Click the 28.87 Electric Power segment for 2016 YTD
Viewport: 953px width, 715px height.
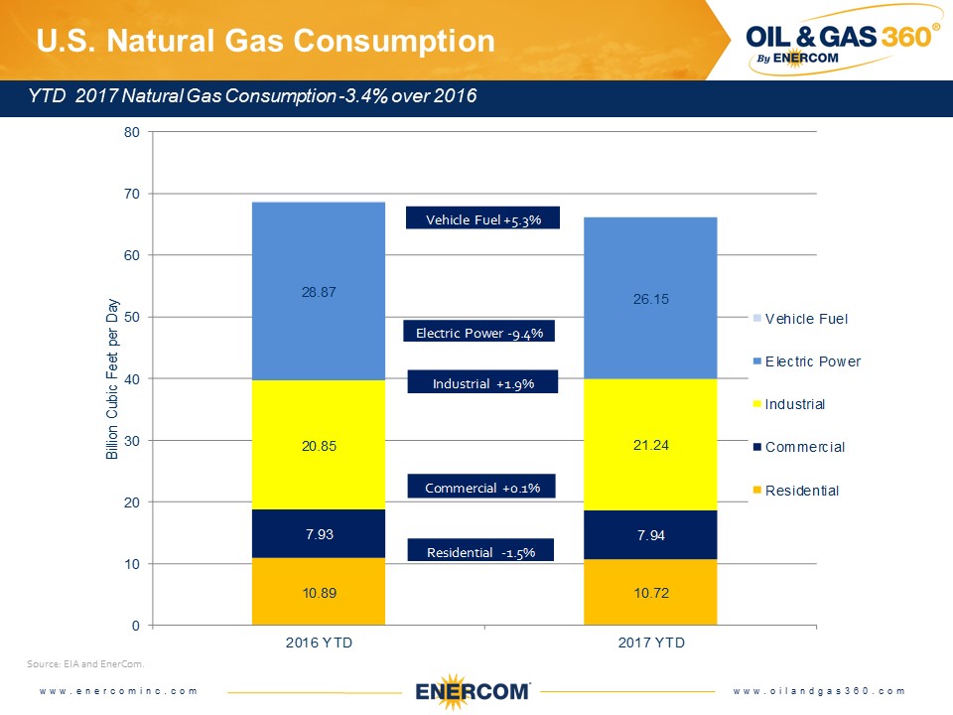(x=318, y=291)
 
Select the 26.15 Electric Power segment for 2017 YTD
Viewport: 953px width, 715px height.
(x=650, y=298)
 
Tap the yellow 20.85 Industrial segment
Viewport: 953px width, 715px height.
(x=318, y=445)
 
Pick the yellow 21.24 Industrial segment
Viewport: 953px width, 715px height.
(x=650, y=445)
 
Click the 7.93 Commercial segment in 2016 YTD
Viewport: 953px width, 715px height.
(x=318, y=534)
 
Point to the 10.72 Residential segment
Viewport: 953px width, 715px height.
(x=650, y=593)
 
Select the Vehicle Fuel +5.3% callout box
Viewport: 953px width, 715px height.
(x=483, y=219)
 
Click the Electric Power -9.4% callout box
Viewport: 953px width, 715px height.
(x=478, y=333)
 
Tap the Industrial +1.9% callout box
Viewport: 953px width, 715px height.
(x=483, y=383)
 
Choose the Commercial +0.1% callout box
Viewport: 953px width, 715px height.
(x=481, y=488)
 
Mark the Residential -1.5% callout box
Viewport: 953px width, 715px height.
(x=480, y=552)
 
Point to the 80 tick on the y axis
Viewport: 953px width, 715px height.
(x=132, y=131)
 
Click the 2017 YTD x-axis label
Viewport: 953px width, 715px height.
(x=650, y=643)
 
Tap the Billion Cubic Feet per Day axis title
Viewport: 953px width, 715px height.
(x=112, y=378)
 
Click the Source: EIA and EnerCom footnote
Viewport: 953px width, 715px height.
(x=86, y=661)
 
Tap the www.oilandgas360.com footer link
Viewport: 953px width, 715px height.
(x=820, y=690)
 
